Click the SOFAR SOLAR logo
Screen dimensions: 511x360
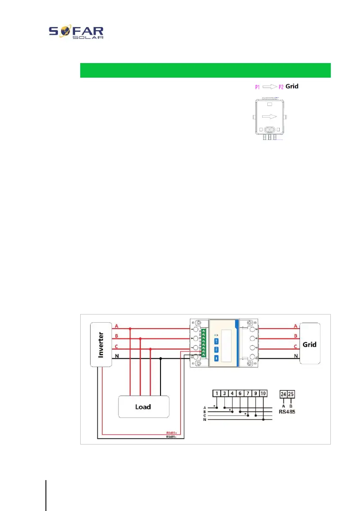pyautogui.click(x=76, y=32)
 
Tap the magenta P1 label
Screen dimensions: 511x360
pyautogui.click(x=257, y=87)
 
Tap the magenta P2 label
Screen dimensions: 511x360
pyautogui.click(x=281, y=87)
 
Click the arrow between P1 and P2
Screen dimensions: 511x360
pyautogui.click(x=269, y=87)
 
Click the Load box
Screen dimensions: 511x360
pyautogui.click(x=143, y=406)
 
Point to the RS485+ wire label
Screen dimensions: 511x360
pyautogui.click(x=172, y=432)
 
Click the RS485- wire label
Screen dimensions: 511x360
pyautogui.click(x=172, y=437)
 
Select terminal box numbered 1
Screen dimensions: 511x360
pyautogui.click(x=217, y=393)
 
